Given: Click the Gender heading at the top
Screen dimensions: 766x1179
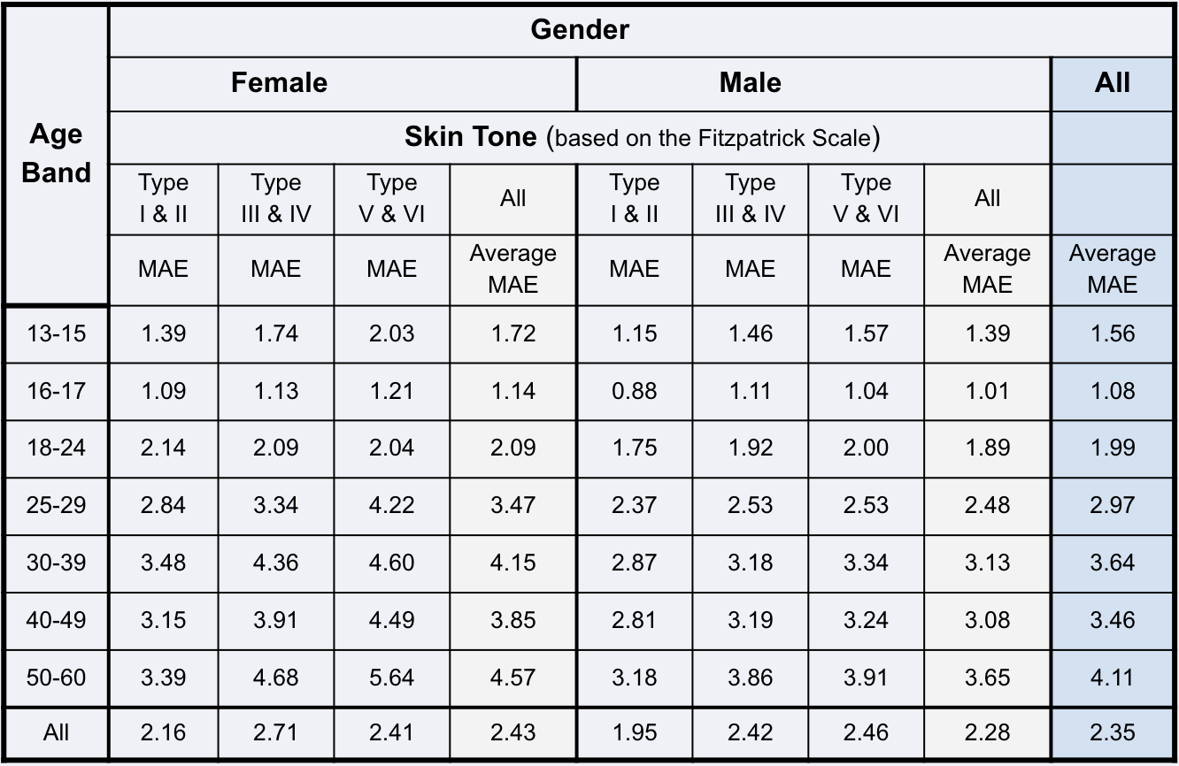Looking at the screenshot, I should pyautogui.click(x=580, y=30).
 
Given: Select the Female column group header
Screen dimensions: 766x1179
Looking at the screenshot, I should pyautogui.click(x=279, y=83).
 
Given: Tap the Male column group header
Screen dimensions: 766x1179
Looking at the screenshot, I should pyautogui.click(x=750, y=83).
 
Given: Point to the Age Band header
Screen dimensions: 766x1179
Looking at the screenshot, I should pyautogui.click(x=56, y=153).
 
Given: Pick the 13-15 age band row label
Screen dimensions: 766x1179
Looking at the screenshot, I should pyautogui.click(x=56, y=333).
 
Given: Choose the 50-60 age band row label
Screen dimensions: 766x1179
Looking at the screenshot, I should pyautogui.click(x=56, y=678).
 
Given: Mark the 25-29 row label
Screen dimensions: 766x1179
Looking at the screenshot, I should pyautogui.click(x=56, y=505).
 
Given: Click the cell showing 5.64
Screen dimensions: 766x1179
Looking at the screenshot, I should pyautogui.click(x=391, y=678).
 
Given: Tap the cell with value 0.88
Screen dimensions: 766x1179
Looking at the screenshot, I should pyautogui.click(x=634, y=391).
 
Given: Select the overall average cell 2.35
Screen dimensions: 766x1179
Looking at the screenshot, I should pyautogui.click(x=1112, y=733).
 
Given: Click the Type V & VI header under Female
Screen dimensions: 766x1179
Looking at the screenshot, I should pyautogui.click(x=391, y=198).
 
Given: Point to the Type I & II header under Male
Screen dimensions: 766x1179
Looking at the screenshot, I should pyautogui.click(x=634, y=198).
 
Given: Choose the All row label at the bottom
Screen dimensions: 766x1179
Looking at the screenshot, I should pyautogui.click(x=56, y=733).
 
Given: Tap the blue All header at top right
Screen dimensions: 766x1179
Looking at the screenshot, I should pyautogui.click(x=1112, y=83).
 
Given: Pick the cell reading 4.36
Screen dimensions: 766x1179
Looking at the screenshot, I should pyautogui.click(x=275, y=563).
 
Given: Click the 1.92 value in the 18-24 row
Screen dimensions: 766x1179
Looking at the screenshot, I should pyautogui.click(x=750, y=448).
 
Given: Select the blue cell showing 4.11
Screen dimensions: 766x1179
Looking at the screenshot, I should pyautogui.click(x=1112, y=678).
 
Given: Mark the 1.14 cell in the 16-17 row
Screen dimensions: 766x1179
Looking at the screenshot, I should pyautogui.click(x=512, y=391).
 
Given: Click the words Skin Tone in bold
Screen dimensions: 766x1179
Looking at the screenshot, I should pyautogui.click(x=470, y=137).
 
